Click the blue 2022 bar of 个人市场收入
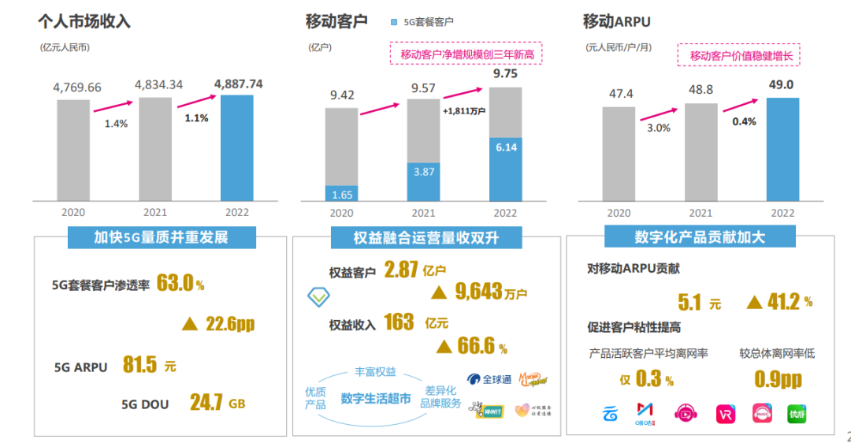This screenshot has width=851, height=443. pyautogui.click(x=237, y=147)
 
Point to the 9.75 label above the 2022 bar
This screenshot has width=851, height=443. pyautogui.click(x=505, y=74)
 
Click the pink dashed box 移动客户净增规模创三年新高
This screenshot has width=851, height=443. pyautogui.click(x=466, y=54)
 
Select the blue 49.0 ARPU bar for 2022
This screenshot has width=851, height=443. pyautogui.click(x=783, y=148)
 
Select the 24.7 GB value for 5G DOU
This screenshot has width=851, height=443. pyautogui.click(x=217, y=403)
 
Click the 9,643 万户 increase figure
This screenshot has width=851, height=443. pyautogui.click(x=480, y=292)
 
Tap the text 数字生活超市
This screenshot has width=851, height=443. pyautogui.click(x=376, y=398)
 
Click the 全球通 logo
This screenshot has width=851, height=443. pyautogui.click(x=489, y=380)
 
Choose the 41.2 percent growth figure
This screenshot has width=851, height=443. pyautogui.click(x=780, y=301)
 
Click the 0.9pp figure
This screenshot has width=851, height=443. pyautogui.click(x=778, y=379)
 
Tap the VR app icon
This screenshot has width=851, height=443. pyautogui.click(x=726, y=414)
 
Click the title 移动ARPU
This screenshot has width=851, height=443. pyautogui.click(x=616, y=21)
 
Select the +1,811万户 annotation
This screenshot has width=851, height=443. pyautogui.click(x=464, y=111)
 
